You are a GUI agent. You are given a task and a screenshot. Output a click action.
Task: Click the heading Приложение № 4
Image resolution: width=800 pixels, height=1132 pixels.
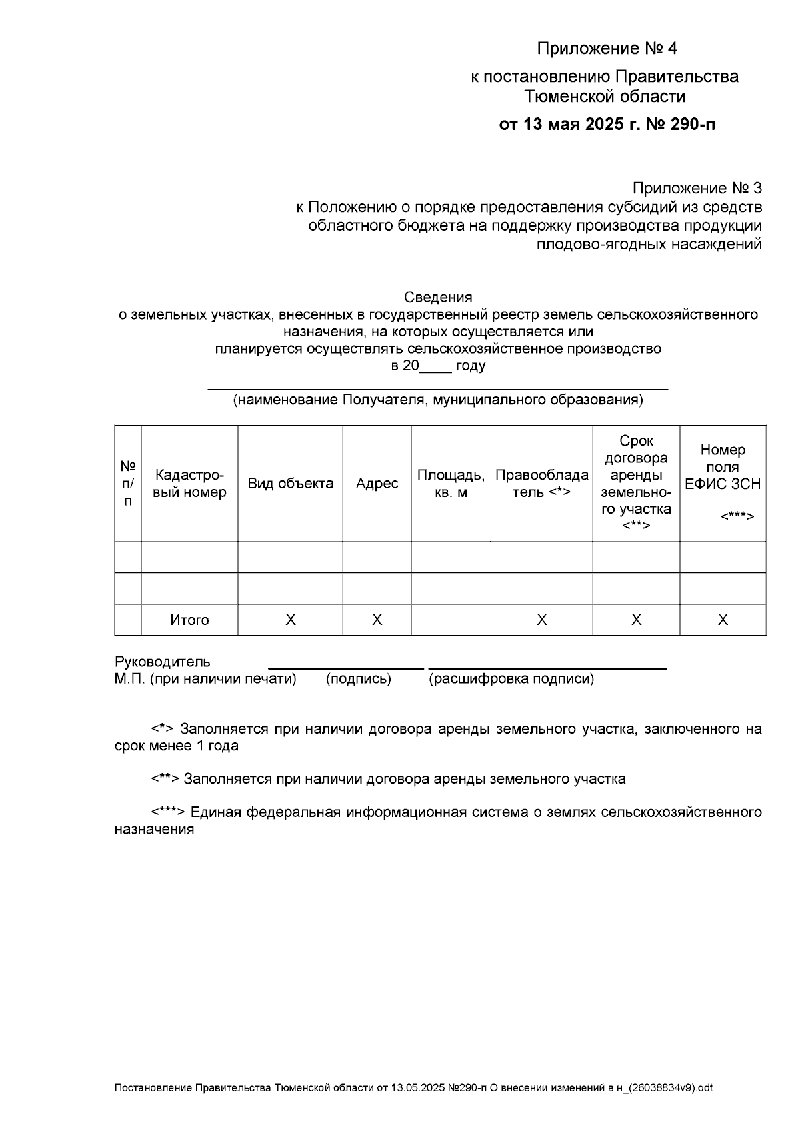(607, 49)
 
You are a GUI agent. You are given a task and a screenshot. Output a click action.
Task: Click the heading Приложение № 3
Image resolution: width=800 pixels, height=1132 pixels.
(697, 189)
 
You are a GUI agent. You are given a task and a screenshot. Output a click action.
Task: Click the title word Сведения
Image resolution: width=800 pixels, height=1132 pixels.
(438, 297)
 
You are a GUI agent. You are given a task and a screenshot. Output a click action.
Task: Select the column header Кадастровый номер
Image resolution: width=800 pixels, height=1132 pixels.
(189, 484)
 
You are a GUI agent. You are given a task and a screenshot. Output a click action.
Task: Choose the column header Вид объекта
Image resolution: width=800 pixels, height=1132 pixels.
(290, 484)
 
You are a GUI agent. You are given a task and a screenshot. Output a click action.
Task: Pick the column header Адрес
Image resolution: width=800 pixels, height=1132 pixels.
(377, 484)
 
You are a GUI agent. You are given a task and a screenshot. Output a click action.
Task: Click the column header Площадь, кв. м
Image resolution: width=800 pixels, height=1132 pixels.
(451, 484)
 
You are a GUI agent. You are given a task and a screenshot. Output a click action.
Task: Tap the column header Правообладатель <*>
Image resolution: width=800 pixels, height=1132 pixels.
(541, 484)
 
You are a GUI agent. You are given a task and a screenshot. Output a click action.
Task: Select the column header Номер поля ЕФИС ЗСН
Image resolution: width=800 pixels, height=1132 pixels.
(723, 467)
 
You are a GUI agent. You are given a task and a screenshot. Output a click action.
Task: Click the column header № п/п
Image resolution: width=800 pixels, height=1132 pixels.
(128, 484)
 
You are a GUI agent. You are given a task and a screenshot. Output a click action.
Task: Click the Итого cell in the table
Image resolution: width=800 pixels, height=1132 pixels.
(189, 620)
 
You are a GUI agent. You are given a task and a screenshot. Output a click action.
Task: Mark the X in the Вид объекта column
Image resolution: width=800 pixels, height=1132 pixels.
(290, 620)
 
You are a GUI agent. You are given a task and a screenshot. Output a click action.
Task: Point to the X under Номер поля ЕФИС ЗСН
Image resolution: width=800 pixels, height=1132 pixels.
(723, 620)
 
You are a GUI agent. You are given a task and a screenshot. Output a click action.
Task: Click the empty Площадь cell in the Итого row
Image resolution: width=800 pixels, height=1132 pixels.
(451, 620)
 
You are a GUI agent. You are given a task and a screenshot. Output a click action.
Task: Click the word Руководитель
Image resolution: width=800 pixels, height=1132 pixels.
(163, 662)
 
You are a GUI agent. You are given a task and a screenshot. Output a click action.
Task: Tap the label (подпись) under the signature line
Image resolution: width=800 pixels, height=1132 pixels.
(358, 679)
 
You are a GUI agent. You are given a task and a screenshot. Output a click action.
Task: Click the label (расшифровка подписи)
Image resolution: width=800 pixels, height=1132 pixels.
(511, 679)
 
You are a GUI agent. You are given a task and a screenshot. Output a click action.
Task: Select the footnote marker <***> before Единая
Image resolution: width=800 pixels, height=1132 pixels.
(168, 812)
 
